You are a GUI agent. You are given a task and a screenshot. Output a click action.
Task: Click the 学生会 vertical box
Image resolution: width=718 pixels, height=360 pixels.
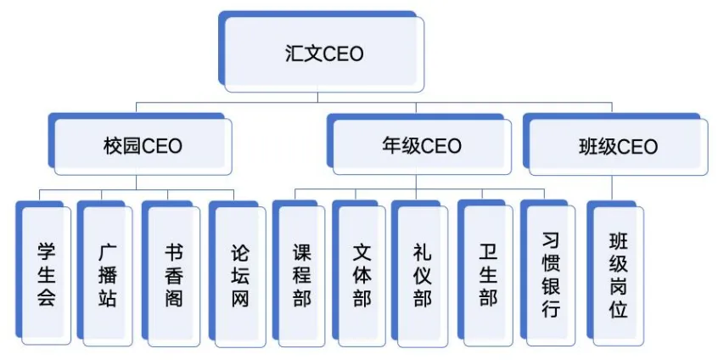tap(45, 274)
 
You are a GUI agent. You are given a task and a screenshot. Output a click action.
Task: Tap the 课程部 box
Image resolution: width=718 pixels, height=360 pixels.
tap(302, 274)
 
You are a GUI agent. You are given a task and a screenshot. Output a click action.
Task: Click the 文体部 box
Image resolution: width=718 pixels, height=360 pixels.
tap(362, 274)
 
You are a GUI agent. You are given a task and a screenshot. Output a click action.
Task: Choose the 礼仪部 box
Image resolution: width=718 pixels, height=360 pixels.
tap(422, 274)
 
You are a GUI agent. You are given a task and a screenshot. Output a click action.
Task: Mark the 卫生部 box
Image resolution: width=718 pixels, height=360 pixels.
tap(487, 274)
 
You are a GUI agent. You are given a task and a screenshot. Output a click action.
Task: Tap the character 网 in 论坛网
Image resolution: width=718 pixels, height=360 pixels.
tap(240, 298)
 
